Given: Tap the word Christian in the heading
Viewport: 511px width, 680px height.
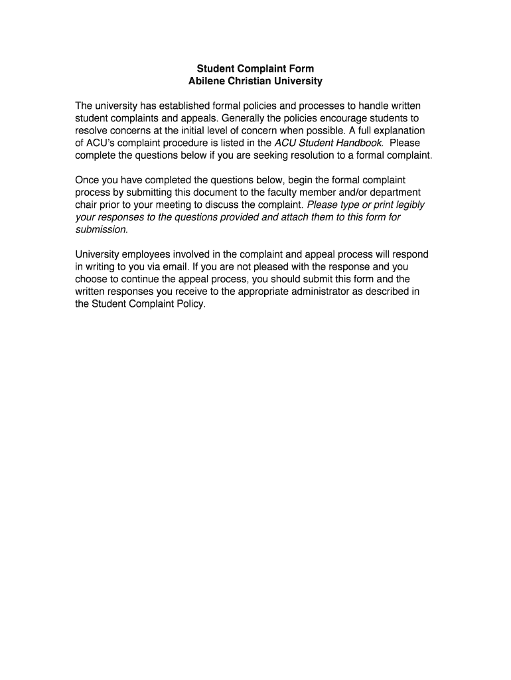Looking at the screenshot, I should [x=252, y=81].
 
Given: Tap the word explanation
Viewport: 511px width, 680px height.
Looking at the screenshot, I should [x=398, y=130].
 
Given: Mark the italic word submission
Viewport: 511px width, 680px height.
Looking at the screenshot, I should [x=101, y=229].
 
